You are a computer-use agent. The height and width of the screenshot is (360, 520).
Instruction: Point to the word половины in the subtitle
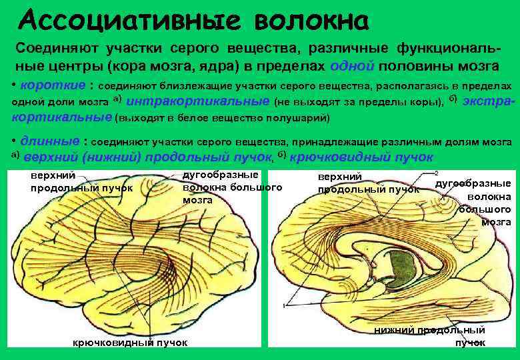point(425,67)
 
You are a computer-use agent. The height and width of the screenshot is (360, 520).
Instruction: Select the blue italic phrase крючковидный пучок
point(361,157)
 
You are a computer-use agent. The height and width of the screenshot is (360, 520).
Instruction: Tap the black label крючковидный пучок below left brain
point(129,343)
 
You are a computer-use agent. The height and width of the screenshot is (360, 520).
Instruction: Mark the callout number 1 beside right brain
point(285,304)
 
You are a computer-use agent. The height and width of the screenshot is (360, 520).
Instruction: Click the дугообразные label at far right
point(473,184)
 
